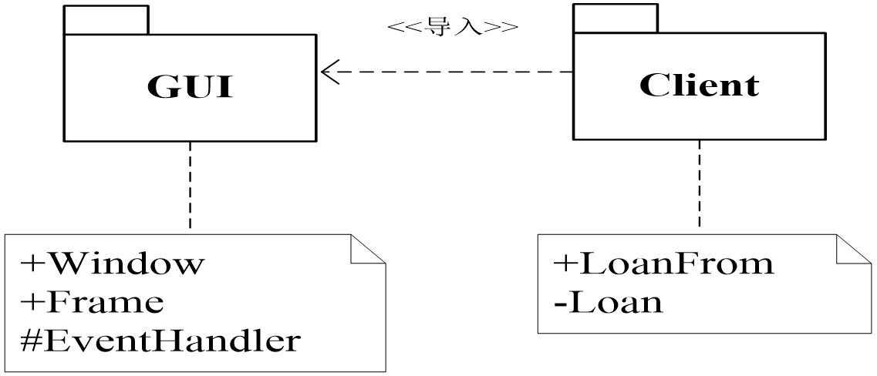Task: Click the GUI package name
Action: (x=190, y=87)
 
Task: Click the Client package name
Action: (x=699, y=85)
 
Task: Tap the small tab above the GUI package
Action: (x=106, y=21)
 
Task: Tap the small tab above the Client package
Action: (x=615, y=18)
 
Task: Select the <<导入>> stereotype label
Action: (x=451, y=28)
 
